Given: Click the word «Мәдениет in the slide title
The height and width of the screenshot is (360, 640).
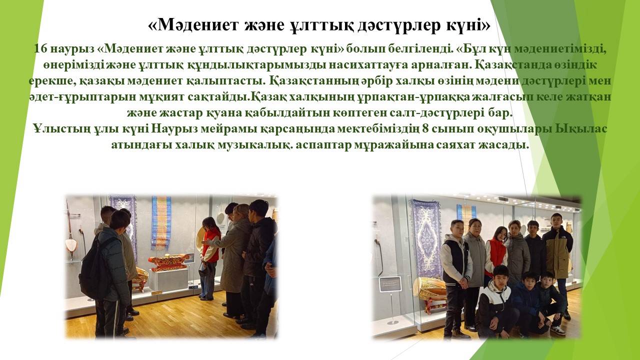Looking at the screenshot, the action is [x=193, y=25].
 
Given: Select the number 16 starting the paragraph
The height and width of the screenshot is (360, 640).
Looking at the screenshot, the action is [x=40, y=49].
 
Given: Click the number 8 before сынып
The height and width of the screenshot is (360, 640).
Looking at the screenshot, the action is [x=425, y=129].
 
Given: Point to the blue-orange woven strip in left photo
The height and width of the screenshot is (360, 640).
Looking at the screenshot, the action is [x=161, y=223].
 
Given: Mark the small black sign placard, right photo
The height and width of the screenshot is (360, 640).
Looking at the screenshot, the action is [x=390, y=284].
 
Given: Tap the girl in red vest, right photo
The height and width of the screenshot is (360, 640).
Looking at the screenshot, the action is [x=496, y=251].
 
